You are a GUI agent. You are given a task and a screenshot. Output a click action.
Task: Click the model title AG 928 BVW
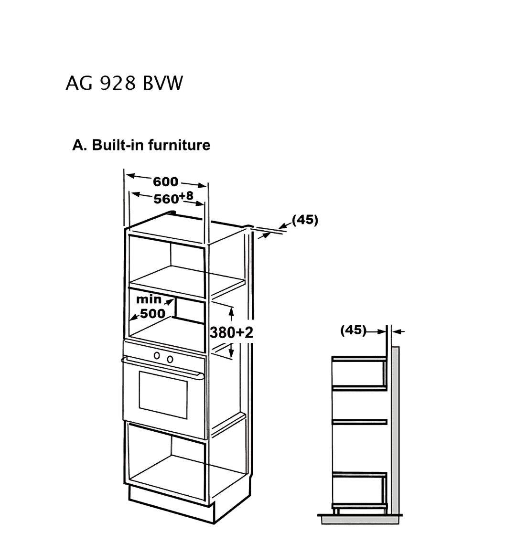(x=124, y=84)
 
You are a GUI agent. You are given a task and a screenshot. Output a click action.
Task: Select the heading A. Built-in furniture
(x=141, y=145)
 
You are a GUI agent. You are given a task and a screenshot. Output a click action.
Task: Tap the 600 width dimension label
(x=165, y=181)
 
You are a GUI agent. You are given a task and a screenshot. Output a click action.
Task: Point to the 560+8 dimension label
(x=173, y=198)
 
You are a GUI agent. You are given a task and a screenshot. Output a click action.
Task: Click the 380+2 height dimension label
(x=232, y=332)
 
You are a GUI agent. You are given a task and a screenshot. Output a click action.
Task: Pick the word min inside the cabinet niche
(x=149, y=299)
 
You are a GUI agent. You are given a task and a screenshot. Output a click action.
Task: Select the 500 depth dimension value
(x=153, y=313)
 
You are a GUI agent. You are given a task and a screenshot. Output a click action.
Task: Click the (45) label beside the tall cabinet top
(x=305, y=220)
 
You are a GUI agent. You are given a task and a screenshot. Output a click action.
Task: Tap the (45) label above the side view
(x=353, y=330)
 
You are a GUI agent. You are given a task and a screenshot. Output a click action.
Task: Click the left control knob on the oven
(x=157, y=355)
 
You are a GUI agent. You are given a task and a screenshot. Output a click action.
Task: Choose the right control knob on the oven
(x=170, y=359)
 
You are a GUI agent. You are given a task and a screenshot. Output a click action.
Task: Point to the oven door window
(x=163, y=394)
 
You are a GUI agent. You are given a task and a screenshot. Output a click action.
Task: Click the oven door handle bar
(x=162, y=367)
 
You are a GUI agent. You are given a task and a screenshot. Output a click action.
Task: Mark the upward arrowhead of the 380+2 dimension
(x=232, y=311)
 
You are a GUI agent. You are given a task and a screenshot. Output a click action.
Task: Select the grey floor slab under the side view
(x=360, y=519)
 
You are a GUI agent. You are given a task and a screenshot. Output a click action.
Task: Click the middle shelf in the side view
(x=359, y=422)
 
